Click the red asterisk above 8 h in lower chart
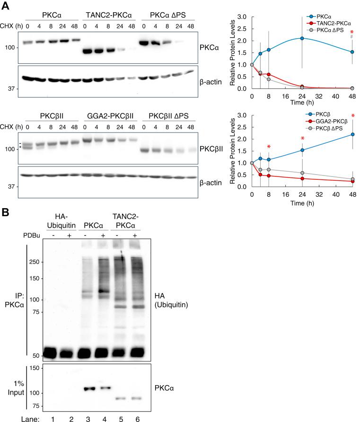coord(269,147)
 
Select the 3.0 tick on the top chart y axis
coord(243,17)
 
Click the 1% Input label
coord(17,384)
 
